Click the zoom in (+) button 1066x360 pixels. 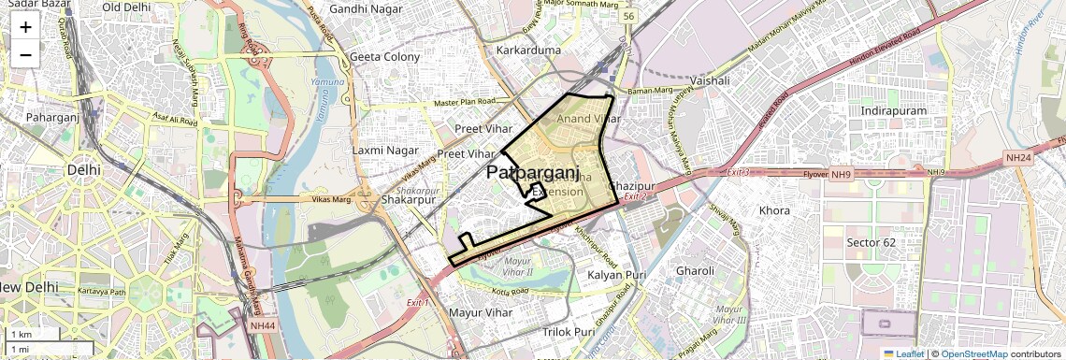[25, 26]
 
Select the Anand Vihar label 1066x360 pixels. [588, 119]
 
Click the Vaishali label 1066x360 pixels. [709, 81]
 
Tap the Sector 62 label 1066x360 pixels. [872, 242]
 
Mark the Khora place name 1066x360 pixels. [774, 210]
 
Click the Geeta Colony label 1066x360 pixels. [384, 56]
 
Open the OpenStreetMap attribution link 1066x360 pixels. [973, 353]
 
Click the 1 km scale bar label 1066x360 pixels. [21, 334]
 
